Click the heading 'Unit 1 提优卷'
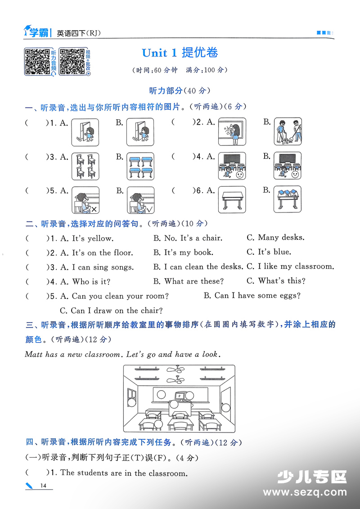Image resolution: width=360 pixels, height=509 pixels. pos(180,53)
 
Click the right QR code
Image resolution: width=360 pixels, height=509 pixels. pos(72,61)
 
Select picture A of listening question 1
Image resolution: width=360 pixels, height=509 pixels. pos(85,131)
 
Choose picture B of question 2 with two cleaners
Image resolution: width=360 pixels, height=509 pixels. pos(288,131)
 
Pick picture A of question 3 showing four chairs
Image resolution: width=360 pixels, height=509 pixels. pos(85,166)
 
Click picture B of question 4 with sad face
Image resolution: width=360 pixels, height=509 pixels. pos(288,166)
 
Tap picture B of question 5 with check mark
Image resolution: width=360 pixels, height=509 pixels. pos(140,200)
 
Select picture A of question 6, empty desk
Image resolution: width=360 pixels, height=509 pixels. pos(232,200)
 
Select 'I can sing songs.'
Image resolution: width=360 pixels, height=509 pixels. pos(103,267)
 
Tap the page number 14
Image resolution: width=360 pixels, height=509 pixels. pos(43,485)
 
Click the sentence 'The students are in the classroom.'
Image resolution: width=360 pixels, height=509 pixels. pos(123,473)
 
